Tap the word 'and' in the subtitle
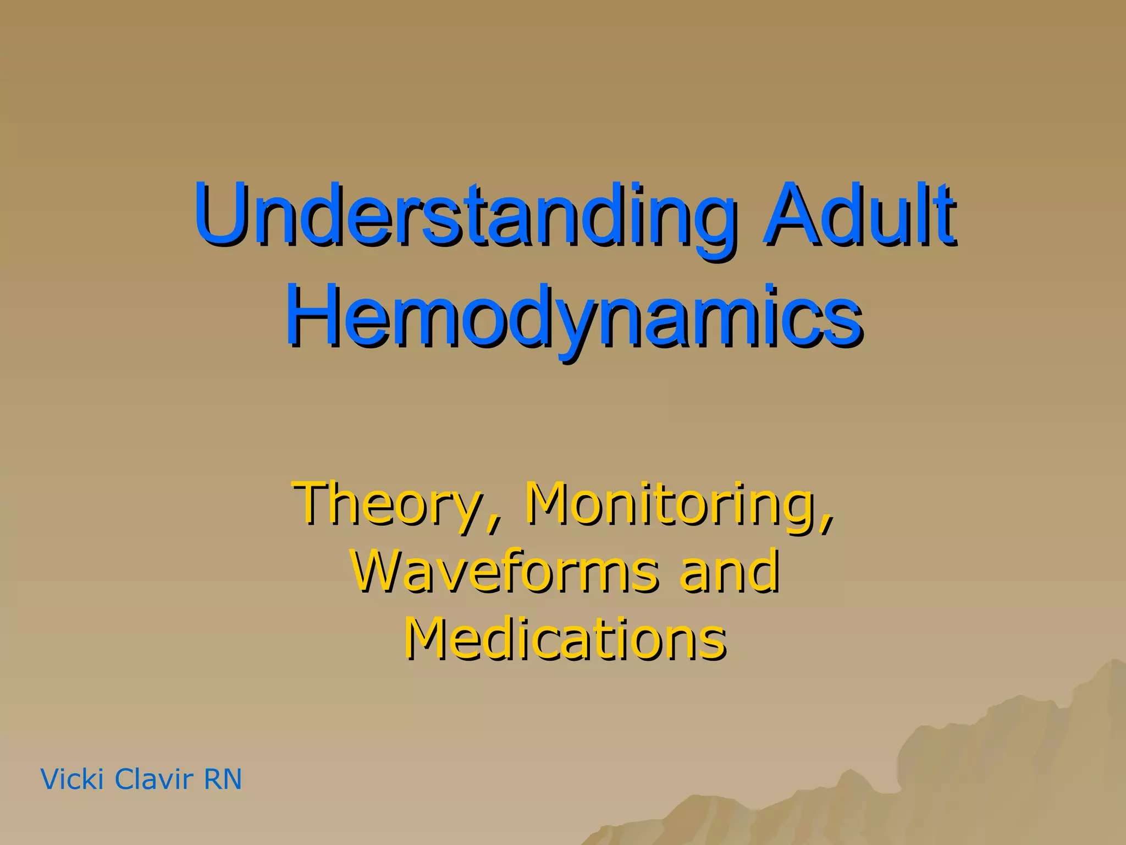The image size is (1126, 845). point(729,572)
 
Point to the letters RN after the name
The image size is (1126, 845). point(223,780)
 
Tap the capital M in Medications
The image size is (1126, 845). point(431,638)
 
